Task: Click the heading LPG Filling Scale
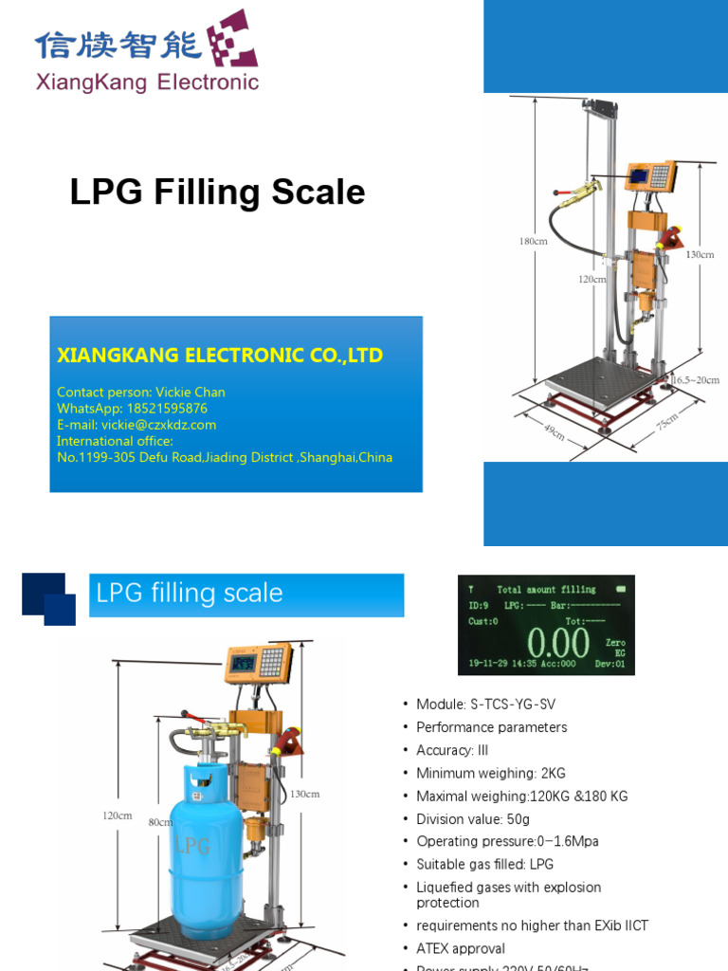(217, 192)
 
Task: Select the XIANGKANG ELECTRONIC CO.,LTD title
(220, 356)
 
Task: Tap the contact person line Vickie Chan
(140, 392)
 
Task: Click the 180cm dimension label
(533, 242)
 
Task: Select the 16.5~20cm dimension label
(695, 380)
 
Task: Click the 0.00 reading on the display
(558, 645)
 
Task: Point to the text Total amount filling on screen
(546, 590)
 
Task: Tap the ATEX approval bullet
(461, 948)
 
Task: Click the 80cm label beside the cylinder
(160, 823)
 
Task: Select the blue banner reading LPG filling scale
(246, 595)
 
